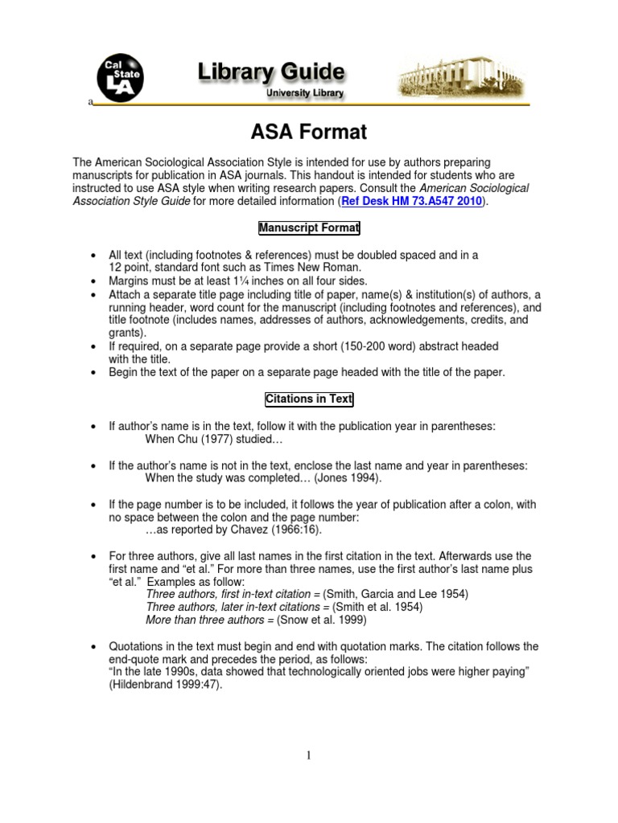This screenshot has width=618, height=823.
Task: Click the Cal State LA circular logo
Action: click(120, 78)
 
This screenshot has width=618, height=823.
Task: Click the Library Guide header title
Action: click(272, 73)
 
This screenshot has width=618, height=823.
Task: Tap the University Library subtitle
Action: click(305, 94)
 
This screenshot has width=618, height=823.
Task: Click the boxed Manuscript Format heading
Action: click(309, 229)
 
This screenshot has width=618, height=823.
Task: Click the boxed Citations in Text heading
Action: click(309, 399)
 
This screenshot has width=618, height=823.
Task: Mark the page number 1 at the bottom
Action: click(309, 756)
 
